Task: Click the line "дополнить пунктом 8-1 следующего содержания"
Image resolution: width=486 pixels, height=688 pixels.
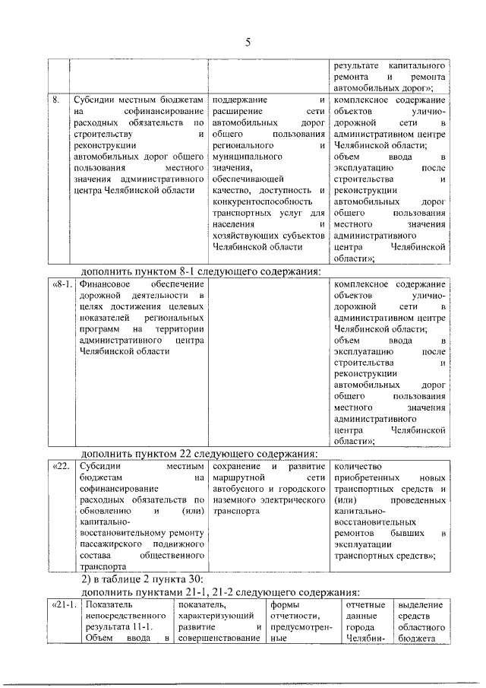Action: [202, 271]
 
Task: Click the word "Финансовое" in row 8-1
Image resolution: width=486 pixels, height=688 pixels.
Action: [104, 284]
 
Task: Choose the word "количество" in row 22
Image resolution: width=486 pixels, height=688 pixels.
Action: [358, 465]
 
